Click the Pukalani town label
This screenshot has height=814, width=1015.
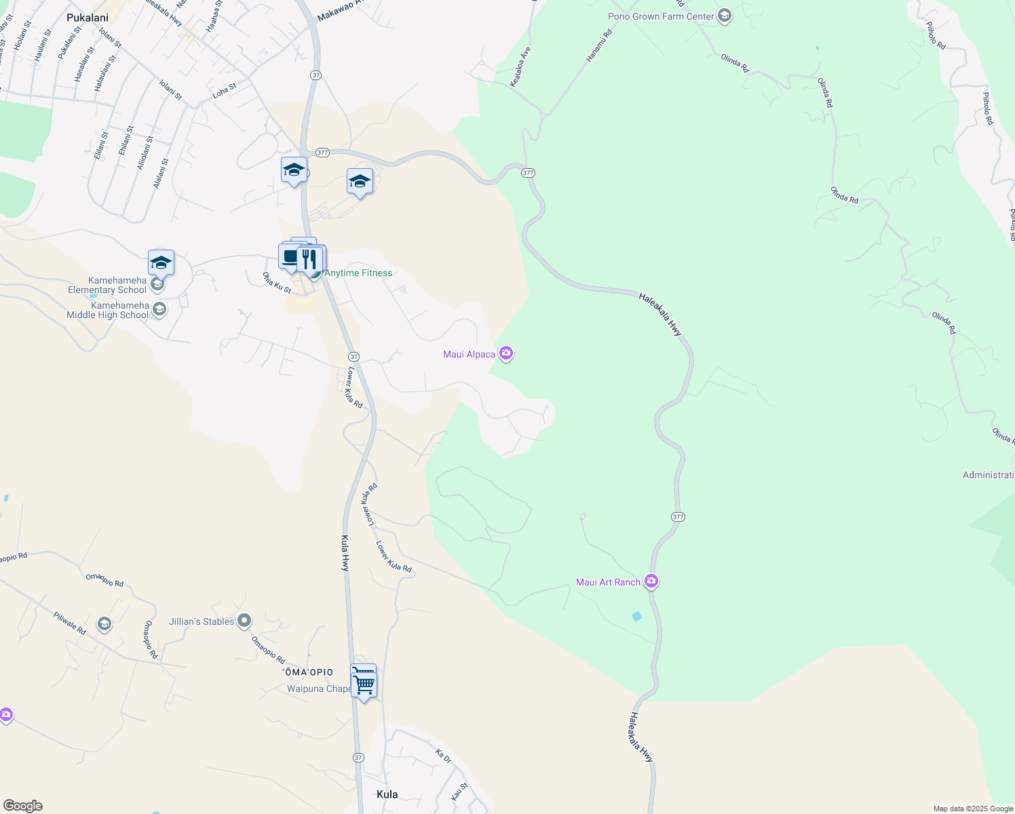88,18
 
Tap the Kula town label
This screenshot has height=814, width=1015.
387,794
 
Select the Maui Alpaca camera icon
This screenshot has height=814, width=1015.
506,353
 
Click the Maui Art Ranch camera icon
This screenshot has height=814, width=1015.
651,581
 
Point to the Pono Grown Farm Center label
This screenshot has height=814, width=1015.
661,16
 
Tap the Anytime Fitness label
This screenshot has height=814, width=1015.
358,273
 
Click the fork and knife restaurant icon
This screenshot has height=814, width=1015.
310,258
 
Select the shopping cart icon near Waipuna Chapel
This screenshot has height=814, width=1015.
364,683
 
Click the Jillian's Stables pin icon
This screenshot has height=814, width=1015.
244,621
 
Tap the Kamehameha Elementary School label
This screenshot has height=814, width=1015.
107,285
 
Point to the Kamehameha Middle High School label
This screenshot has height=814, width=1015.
107,310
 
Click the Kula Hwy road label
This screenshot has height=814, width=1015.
345,553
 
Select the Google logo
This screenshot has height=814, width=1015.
23,806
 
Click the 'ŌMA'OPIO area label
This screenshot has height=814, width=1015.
308,672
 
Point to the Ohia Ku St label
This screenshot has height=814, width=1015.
277,283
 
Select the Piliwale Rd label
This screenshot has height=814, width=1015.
70,623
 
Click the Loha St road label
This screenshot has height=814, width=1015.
225,91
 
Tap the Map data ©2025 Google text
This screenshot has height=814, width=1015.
973,809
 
